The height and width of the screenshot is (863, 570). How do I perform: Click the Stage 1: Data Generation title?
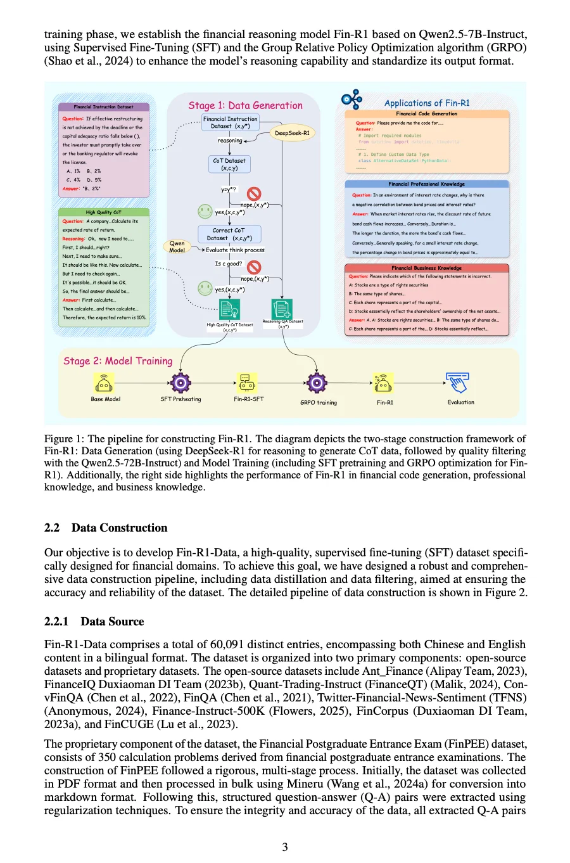click(x=245, y=106)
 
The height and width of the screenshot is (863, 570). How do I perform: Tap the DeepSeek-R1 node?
click(x=292, y=133)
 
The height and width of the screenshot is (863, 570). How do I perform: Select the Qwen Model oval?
click(x=177, y=246)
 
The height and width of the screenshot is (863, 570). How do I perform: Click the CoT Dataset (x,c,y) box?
click(x=229, y=165)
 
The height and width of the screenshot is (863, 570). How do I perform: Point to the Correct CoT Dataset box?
click(x=229, y=234)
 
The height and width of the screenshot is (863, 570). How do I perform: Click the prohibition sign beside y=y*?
click(x=254, y=193)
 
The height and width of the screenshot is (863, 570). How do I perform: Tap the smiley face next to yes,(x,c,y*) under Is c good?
click(x=205, y=288)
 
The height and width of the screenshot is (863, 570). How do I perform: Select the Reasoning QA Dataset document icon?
click(x=282, y=309)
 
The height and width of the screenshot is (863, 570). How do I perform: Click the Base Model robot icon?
click(x=104, y=383)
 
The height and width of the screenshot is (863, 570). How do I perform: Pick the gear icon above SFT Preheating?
click(x=180, y=383)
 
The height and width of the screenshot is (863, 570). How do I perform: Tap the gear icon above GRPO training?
click(x=317, y=383)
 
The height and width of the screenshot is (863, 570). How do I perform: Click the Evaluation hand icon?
click(x=458, y=383)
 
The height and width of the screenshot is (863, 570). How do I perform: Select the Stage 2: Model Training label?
click(x=118, y=361)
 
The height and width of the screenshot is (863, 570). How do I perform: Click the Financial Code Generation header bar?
click(x=427, y=114)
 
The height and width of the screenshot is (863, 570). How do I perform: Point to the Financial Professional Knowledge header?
click(x=427, y=184)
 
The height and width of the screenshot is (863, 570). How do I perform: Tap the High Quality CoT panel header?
click(x=104, y=212)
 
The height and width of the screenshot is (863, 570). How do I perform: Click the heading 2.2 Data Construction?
click(x=106, y=528)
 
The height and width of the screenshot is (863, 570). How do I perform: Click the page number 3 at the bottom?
click(x=285, y=847)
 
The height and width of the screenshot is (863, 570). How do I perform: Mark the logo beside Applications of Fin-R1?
click(x=352, y=99)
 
